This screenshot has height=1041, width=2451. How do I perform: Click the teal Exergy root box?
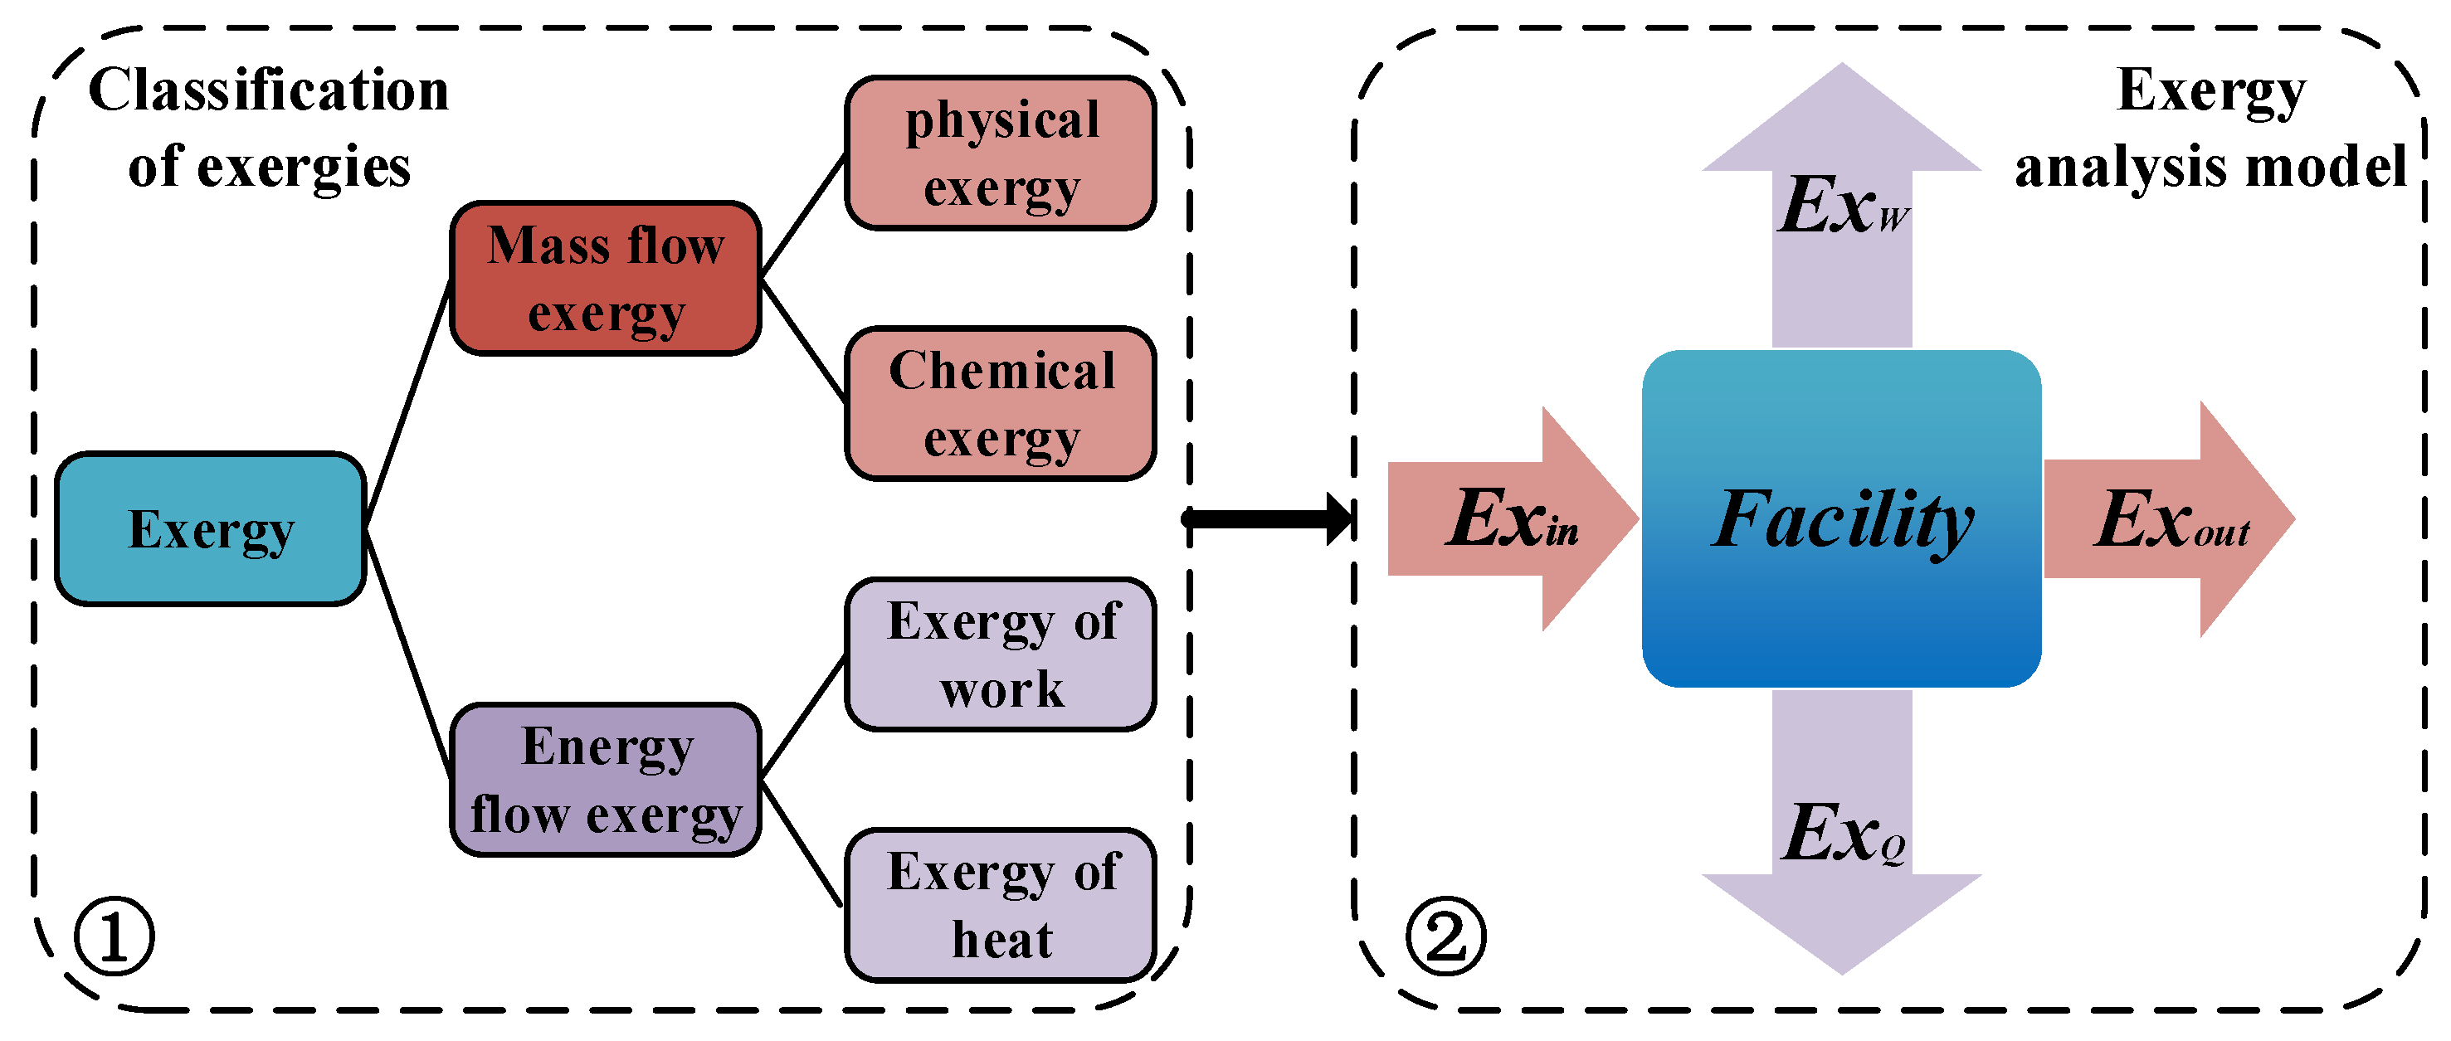point(210,529)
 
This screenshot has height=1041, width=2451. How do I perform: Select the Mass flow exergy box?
point(605,278)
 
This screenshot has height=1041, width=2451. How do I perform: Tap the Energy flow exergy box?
point(605,780)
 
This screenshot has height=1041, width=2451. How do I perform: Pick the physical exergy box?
point(1001,153)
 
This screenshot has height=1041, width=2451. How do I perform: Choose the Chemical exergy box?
point(1001,403)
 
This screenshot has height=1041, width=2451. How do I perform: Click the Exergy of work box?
point(1001,654)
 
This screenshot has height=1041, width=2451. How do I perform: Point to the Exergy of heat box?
point(1001,904)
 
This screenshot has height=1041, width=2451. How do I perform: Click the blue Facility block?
point(1841,518)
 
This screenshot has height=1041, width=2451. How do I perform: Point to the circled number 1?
point(115,936)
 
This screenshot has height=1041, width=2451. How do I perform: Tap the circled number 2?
point(1445,936)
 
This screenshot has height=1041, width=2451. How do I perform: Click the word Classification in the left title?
point(268,90)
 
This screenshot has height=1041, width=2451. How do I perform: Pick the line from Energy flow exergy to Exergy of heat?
point(802,843)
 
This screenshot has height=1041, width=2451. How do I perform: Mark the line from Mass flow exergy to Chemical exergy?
point(803,340)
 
